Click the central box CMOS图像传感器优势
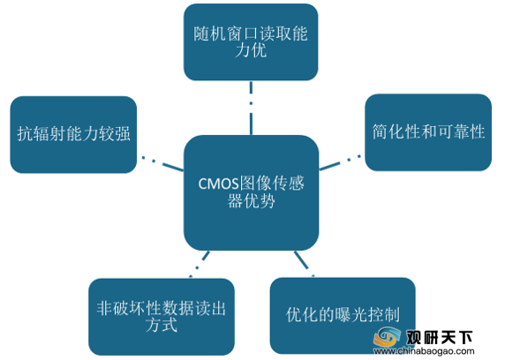pyautogui.click(x=252, y=192)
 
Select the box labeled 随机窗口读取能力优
pyautogui.click(x=251, y=42)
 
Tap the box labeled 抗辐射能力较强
pyautogui.click(x=73, y=135)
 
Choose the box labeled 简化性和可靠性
pyautogui.click(x=428, y=132)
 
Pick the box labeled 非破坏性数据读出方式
pyautogui.click(x=162, y=317)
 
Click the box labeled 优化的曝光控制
pyautogui.click(x=343, y=316)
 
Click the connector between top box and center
pyautogui.click(x=251, y=108)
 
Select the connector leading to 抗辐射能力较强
pyautogui.click(x=162, y=163)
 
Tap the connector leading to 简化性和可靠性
pyautogui.click(x=340, y=162)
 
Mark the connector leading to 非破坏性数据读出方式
pyautogui.click(x=200, y=264)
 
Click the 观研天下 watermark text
pyautogui.click(x=439, y=337)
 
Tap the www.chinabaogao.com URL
pyautogui.click(x=424, y=351)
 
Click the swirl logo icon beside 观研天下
pyautogui.click(x=387, y=338)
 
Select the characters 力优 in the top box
pyautogui.click(x=251, y=50)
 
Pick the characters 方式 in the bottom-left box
pyautogui.click(x=162, y=326)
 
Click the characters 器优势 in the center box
pyautogui.click(x=252, y=201)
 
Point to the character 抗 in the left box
pyautogui.click(x=25, y=134)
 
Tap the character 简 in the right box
pyautogui.click(x=380, y=131)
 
